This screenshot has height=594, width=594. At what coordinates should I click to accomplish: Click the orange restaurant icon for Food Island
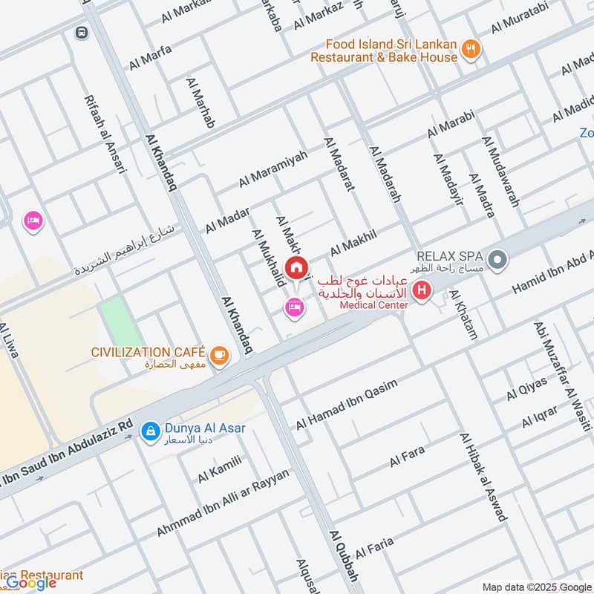(470, 50)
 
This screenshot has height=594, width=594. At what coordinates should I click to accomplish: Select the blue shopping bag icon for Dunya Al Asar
(150, 430)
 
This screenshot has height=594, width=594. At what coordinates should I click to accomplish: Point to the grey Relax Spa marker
(499, 261)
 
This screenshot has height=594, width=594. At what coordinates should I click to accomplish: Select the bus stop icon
(81, 33)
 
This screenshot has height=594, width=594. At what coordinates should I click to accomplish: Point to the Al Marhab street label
(200, 102)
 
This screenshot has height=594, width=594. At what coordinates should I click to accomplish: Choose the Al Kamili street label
(220, 469)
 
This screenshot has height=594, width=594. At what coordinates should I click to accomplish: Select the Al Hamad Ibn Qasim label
(347, 405)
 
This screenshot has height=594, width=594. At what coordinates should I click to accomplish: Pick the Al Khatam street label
(463, 316)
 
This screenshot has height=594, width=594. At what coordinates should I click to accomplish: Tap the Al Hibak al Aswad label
(483, 477)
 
